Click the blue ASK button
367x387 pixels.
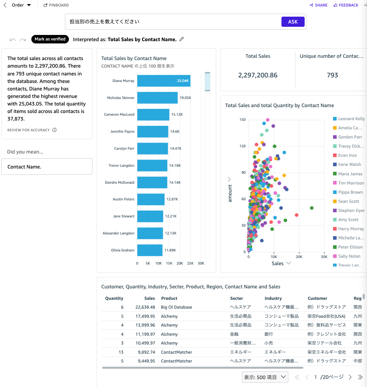click(293, 22)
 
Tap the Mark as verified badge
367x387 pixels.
click(50, 39)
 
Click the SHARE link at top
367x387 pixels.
click(319, 5)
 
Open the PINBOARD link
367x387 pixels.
click(56, 5)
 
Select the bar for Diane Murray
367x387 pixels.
click(164, 81)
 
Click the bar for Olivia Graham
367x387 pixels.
click(150, 250)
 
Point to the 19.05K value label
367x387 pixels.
click(185, 98)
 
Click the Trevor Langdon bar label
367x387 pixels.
click(121, 166)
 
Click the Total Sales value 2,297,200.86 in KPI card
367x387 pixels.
click(258, 75)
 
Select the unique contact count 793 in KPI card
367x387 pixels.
click(332, 75)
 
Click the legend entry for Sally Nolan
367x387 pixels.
click(349, 256)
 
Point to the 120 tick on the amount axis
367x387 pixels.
click(242, 146)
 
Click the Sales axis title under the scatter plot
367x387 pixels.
click(278, 264)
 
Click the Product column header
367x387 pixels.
click(169, 298)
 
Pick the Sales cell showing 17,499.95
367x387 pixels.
click(145, 316)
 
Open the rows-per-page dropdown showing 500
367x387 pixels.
click(265, 377)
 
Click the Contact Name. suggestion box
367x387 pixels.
click(47, 167)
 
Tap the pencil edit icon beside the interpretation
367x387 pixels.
click(182, 39)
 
